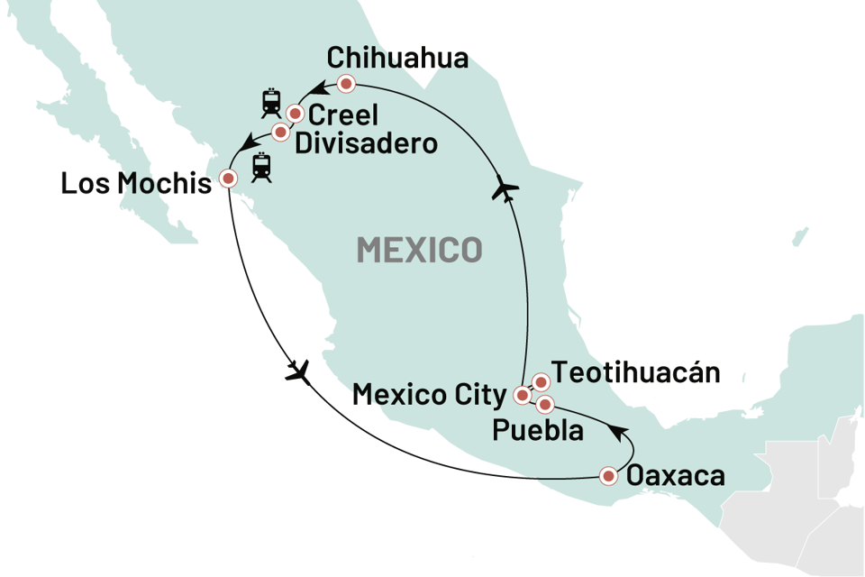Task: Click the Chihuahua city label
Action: coord(397,59)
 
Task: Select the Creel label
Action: coord(343,115)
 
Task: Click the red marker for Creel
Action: coord(295,114)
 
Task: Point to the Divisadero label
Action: coord(366,143)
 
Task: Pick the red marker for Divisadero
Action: coord(280,133)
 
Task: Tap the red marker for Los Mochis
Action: coord(228,179)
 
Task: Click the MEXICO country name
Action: coord(419,249)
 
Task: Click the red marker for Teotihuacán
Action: coord(541,382)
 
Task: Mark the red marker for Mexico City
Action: coord(522,395)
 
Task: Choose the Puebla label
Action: coord(538,430)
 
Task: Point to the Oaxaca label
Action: coord(675,475)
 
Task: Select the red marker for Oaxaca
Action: coord(609,475)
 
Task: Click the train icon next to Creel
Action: coord(269,103)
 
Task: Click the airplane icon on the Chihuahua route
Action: coord(506,191)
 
